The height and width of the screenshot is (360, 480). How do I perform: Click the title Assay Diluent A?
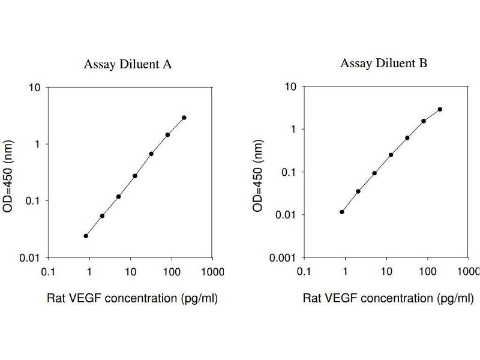pos(128,65)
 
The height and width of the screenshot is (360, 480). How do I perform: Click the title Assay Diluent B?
pos(384,63)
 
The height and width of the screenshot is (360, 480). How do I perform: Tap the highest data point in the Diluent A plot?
pos(184,118)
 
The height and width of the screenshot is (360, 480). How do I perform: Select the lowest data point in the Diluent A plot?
pos(86,236)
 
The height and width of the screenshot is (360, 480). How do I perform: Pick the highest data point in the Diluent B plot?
pos(440,109)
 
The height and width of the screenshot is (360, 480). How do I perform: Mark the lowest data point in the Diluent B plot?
pos(342,212)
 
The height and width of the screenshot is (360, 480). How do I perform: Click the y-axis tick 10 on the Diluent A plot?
pos(35,88)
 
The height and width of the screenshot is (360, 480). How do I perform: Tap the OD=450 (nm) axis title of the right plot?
pos(259,173)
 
